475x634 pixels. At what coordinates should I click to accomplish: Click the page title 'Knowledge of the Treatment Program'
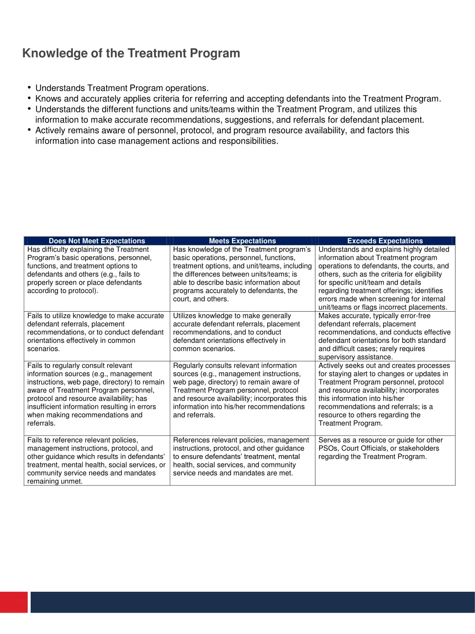click(x=131, y=53)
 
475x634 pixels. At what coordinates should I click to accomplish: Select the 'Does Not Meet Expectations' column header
click(x=96, y=241)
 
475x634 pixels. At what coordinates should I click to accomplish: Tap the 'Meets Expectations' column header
click(x=242, y=241)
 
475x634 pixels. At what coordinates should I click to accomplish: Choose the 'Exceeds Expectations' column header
click(x=385, y=241)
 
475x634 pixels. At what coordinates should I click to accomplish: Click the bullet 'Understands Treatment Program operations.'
click(x=122, y=88)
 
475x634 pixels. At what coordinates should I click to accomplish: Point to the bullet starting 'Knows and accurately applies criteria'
click(x=238, y=98)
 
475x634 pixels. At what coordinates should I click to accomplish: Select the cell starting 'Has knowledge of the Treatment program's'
click(x=242, y=274)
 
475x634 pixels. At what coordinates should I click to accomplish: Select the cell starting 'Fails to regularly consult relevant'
click(x=96, y=394)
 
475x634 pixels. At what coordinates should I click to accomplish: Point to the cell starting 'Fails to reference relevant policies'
click(x=96, y=460)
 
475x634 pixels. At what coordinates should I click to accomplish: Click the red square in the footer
click(x=14, y=602)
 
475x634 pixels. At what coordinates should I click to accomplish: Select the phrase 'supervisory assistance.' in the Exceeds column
click(x=355, y=357)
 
